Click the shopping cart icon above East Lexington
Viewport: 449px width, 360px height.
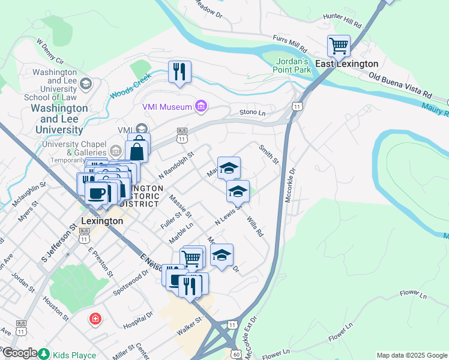[x=339, y=45]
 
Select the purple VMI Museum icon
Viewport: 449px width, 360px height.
[x=200, y=107]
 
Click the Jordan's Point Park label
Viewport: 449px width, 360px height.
[x=293, y=65]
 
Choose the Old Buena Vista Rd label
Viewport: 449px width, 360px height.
[x=400, y=86]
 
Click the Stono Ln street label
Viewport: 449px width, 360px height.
[x=252, y=112]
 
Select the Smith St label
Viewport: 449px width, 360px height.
[x=268, y=154]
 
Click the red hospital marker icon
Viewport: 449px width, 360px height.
[x=94, y=318]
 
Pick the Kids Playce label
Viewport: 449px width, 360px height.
[x=74, y=355]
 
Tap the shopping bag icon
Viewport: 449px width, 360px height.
[x=137, y=151]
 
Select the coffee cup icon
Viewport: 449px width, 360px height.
[x=96, y=193]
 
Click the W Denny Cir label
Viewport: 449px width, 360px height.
[x=50, y=52]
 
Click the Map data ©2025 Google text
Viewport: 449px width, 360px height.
[x=412, y=355]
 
